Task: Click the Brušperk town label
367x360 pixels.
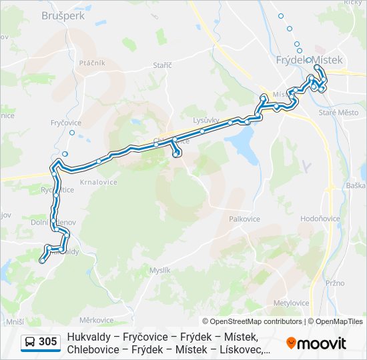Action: [63, 15]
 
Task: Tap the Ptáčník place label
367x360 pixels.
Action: [92, 63]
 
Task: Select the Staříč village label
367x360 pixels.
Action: [162, 65]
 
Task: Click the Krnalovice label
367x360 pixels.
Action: [99, 182]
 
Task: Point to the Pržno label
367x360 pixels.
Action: [334, 283]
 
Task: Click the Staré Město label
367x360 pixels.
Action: [338, 113]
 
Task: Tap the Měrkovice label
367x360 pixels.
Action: [96, 320]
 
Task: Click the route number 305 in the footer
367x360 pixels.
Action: [47, 342]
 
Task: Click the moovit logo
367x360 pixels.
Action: [316, 343]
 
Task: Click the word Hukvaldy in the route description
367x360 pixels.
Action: [89, 337]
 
